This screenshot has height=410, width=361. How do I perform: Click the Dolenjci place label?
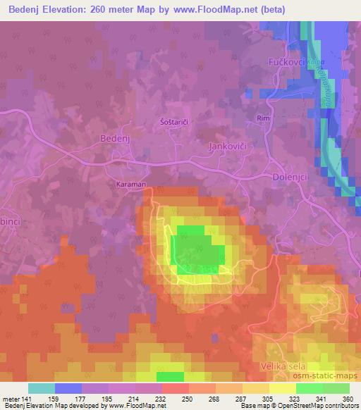pos(289,178)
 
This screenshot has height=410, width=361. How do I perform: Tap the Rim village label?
pos(264,118)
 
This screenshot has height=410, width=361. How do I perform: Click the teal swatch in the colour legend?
pos(42,388)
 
